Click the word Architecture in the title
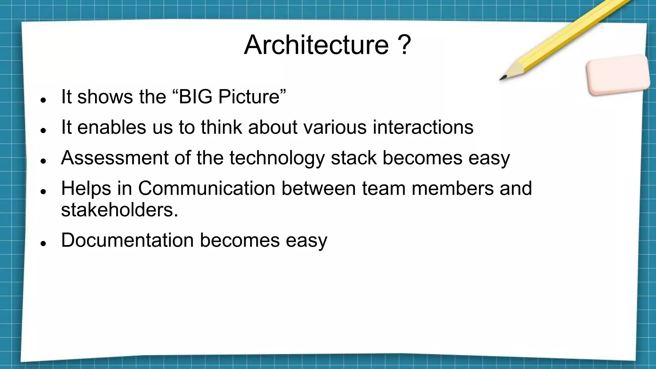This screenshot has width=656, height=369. tap(316, 45)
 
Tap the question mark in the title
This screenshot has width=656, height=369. tap(405, 45)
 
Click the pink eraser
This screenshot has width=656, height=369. tap(618, 75)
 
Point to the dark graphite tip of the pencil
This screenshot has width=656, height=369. tap(503, 78)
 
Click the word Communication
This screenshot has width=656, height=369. tap(207, 188)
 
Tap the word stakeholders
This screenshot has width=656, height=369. tap(119, 210)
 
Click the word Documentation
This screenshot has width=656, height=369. tap(127, 240)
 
